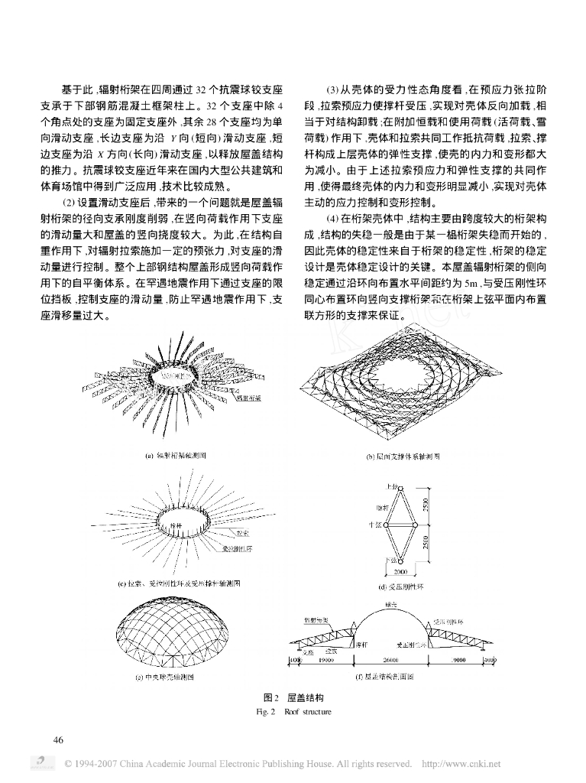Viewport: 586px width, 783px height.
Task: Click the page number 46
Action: tap(58, 739)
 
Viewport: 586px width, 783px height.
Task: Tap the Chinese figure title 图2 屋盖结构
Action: tap(293, 698)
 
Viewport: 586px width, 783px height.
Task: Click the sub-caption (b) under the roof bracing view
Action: tap(403, 456)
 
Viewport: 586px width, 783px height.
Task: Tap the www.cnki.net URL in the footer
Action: tap(461, 763)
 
